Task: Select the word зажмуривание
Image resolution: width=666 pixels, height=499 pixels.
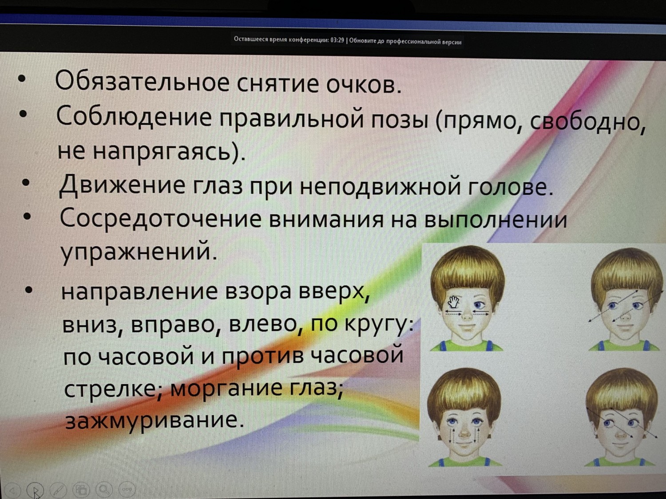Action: click(155, 421)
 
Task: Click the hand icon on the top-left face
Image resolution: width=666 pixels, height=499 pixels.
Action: click(454, 302)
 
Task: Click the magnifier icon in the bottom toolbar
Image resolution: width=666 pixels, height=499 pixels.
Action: click(104, 489)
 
